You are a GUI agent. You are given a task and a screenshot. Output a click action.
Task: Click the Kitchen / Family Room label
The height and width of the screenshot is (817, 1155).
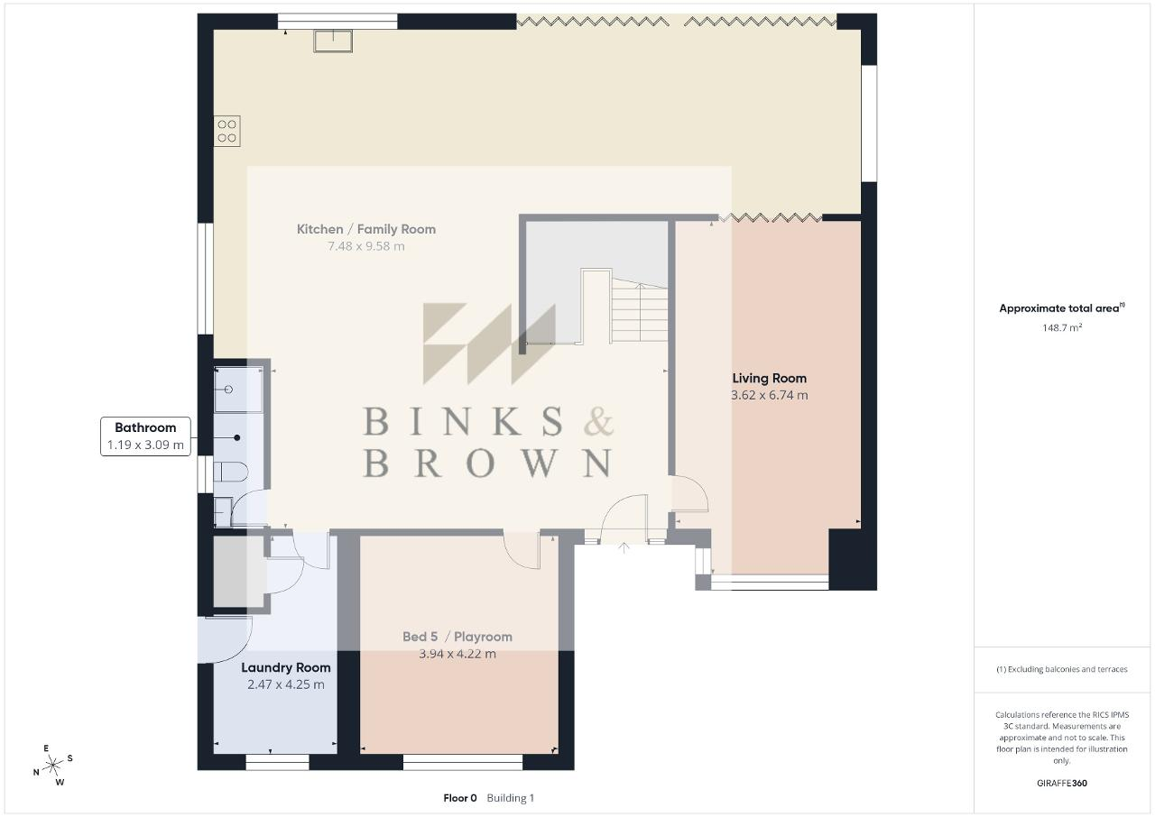pos(366,229)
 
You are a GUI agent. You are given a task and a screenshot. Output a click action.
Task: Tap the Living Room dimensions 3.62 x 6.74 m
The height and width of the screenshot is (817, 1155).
pos(770,396)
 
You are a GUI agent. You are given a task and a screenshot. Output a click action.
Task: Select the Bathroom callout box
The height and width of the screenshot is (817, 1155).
pos(145,436)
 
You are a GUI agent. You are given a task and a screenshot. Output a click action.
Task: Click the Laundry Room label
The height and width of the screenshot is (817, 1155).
pos(286,667)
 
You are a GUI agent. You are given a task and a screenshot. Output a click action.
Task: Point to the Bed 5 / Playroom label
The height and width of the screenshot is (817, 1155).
pos(457,637)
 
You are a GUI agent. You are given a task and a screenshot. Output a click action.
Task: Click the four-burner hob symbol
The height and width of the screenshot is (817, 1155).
pos(226,131)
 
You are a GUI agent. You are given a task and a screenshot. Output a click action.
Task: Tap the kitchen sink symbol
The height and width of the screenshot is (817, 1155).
pos(333,41)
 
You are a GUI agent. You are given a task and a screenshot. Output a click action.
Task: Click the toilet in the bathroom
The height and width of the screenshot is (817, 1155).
pos(231,472)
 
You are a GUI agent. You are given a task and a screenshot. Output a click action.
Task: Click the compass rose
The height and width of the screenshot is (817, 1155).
pos(52,766)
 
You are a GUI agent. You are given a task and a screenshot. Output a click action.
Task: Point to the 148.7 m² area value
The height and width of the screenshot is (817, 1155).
pos(1062,327)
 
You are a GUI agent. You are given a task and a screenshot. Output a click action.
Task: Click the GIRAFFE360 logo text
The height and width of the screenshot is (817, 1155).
pos(1062,783)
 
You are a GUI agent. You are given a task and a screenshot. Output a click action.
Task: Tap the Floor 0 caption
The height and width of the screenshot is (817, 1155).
pos(460,798)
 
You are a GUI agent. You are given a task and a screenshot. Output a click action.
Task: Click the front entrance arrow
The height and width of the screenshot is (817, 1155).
pos(624,547)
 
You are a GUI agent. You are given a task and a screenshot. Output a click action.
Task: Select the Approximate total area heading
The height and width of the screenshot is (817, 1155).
pos(1062,308)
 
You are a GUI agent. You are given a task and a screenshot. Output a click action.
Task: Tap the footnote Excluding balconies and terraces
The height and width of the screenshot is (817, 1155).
pos(1062,669)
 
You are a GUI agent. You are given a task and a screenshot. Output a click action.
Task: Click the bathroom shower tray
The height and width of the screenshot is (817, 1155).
pos(238,390)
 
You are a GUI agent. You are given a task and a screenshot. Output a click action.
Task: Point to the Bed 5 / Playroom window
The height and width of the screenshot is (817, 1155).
pos(463,762)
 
